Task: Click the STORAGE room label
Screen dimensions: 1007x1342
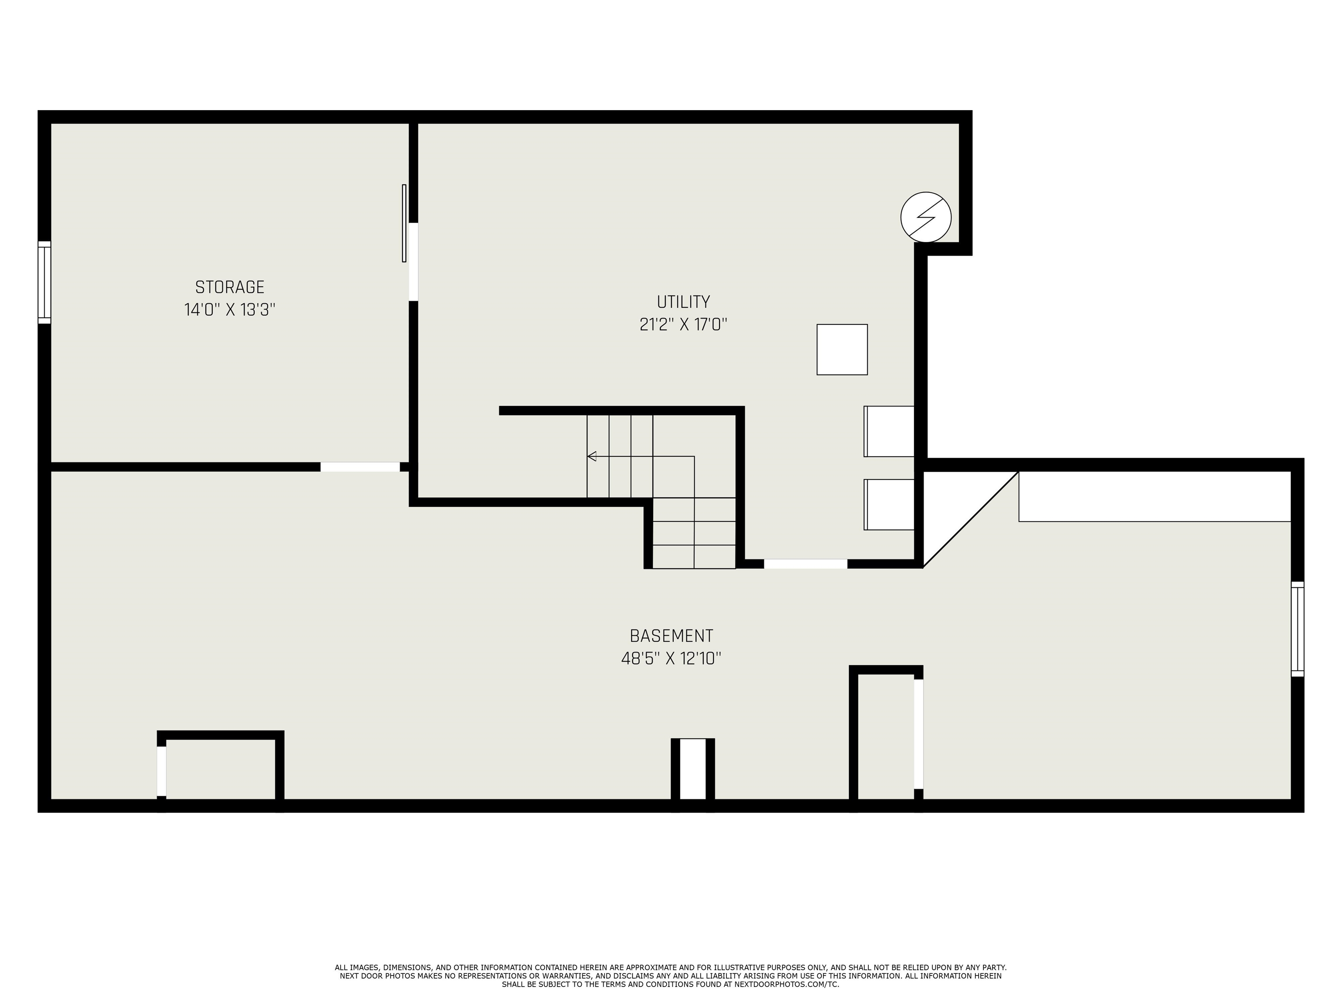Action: [229, 287]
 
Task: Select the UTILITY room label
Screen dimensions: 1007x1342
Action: [683, 302]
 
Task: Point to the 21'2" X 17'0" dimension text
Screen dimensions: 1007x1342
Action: [683, 325]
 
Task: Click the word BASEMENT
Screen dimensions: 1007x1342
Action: [671, 636]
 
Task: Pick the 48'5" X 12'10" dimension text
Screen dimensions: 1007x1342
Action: [671, 659]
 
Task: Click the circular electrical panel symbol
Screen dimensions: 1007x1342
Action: [926, 217]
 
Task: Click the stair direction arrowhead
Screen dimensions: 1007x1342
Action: [591, 456]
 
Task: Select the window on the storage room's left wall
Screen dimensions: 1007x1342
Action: [44, 282]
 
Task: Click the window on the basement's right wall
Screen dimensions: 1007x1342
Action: [1297, 629]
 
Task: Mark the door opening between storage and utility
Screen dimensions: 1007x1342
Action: [413, 262]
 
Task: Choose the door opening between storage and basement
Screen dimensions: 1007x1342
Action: [360, 467]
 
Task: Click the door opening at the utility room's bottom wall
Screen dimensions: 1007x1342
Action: [805, 564]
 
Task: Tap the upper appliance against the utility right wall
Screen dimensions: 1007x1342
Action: [889, 431]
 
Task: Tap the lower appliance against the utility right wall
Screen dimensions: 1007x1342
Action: [889, 504]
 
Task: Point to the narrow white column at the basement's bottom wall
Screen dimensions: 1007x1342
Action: [692, 769]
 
